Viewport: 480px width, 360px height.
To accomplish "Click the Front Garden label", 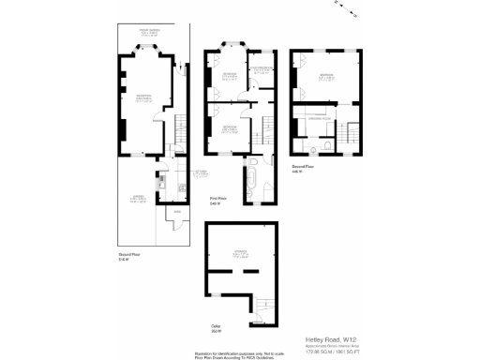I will (x=151, y=33).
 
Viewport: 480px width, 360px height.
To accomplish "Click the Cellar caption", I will (x=216, y=327).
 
